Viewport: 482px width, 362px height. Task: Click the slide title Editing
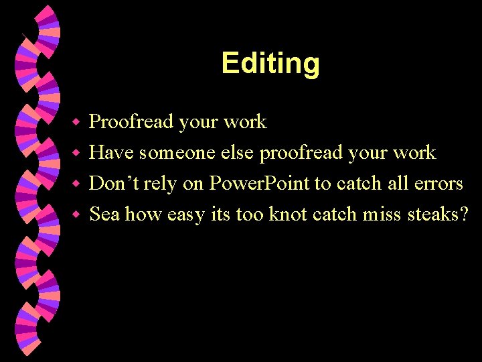click(270, 64)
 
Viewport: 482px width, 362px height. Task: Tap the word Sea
click(104, 214)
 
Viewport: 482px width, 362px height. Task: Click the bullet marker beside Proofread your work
click(77, 123)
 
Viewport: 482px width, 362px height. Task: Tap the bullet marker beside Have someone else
click(77, 154)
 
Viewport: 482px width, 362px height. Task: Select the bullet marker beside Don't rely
click(77, 184)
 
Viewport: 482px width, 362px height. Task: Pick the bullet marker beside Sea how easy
click(77, 215)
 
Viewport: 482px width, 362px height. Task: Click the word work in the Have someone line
click(414, 153)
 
